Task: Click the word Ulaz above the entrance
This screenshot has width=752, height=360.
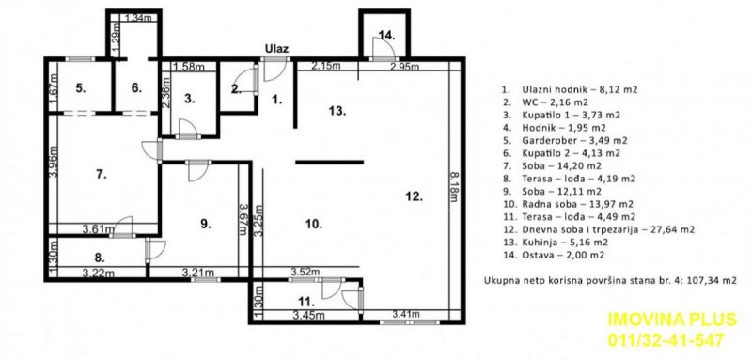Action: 275,48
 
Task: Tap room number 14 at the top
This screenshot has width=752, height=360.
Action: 385,35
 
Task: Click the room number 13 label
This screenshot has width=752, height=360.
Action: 337,110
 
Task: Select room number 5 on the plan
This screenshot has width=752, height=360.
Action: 81,87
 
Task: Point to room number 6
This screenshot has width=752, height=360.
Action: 136,87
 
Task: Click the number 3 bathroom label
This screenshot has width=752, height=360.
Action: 189,97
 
